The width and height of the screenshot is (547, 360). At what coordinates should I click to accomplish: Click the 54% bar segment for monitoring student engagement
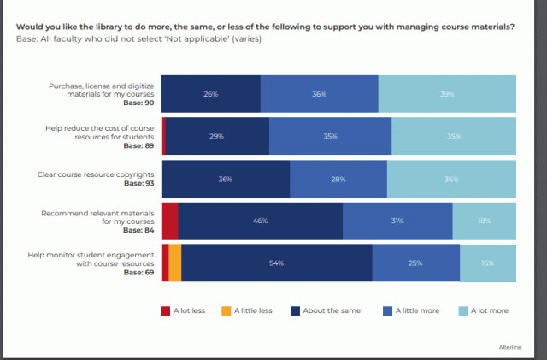point(276,263)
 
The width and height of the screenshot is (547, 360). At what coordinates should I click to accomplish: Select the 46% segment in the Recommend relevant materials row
point(260,221)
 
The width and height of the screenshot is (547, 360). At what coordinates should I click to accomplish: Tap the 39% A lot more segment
point(447,94)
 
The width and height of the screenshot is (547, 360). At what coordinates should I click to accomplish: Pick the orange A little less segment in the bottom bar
point(174,263)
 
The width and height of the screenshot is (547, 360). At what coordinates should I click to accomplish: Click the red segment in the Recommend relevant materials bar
point(169,221)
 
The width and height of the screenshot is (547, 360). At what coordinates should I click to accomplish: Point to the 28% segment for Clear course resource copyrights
point(338,179)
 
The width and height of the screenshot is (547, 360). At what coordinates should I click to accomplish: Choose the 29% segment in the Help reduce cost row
point(217,136)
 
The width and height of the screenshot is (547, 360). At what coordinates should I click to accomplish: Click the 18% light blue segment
point(484,221)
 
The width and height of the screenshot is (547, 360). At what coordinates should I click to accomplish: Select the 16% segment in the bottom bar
point(488,263)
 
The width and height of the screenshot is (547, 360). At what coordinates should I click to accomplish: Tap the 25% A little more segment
point(415,263)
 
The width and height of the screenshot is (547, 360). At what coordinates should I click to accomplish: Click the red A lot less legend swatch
point(166,310)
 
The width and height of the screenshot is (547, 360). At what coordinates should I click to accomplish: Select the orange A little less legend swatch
point(226,310)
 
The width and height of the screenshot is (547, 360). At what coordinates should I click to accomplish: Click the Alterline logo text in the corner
point(510,346)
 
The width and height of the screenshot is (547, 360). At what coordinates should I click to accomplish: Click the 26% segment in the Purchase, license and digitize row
point(210,94)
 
